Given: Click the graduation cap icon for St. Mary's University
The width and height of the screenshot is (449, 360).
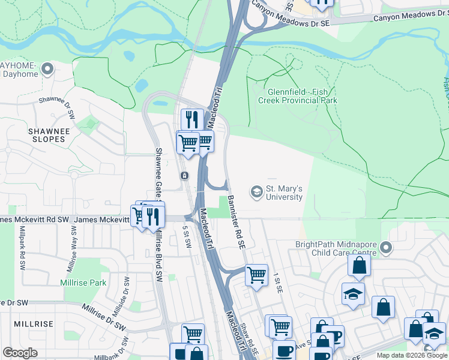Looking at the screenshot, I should click(257, 191).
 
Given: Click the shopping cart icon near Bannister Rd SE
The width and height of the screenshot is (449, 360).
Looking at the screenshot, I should click(256, 275).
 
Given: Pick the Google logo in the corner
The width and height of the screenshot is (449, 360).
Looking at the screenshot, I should click(20, 352).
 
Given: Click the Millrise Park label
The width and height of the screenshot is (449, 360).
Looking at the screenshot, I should click(83, 282).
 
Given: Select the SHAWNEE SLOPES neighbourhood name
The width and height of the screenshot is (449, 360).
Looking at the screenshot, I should click(46, 135).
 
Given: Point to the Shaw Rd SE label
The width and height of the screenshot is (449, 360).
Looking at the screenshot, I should click(250, 340).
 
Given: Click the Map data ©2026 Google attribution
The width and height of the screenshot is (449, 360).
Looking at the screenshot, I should click(412, 355).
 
